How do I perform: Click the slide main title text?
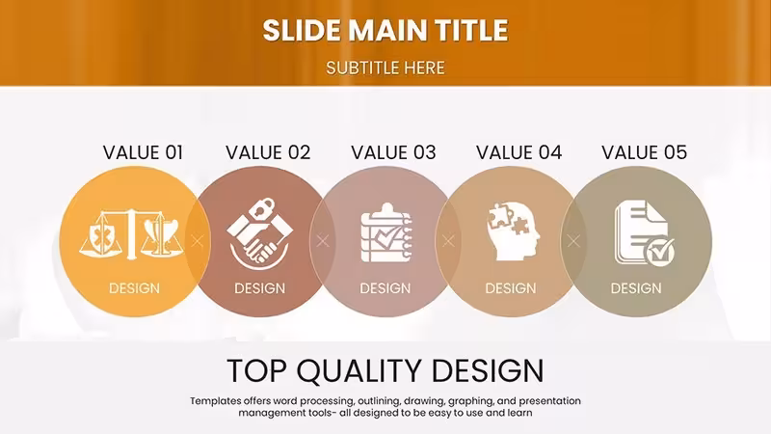385,31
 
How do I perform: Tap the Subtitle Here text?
385,68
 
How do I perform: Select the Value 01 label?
143,152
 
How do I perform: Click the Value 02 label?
268,152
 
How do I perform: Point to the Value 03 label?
393,152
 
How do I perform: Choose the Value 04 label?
518,152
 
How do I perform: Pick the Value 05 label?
644,152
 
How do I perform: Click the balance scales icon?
131,234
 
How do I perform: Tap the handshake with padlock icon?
259,234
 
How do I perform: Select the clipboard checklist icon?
386,232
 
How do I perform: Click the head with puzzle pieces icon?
514,231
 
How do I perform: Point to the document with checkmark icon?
644,232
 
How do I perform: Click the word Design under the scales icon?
134,288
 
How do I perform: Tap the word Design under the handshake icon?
259,288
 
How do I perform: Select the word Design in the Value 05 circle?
636,288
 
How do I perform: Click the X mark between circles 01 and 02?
198,241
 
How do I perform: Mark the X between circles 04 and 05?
573,241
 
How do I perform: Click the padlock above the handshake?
261,208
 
